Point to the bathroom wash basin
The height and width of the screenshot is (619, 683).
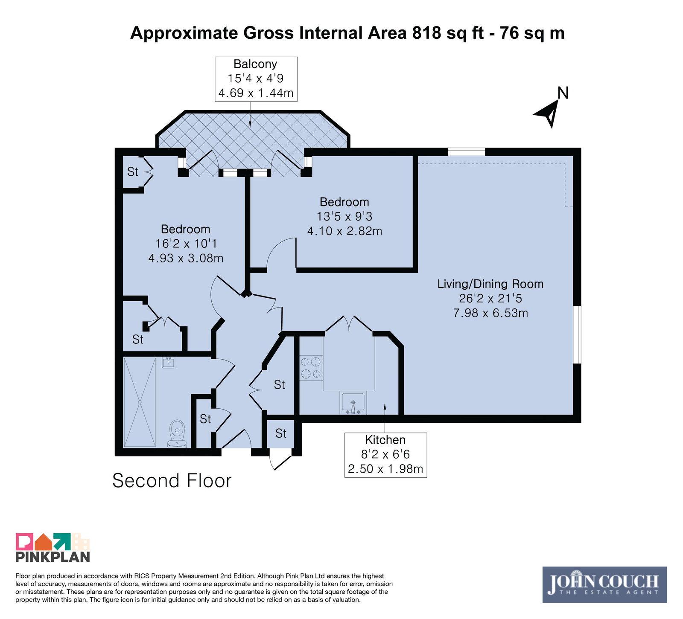[x=169, y=363]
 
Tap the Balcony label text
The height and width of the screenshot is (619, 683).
[x=255, y=64]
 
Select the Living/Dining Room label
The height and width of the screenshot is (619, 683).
[x=490, y=284]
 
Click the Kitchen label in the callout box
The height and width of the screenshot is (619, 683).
[x=385, y=440]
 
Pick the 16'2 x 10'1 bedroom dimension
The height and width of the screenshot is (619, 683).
[x=186, y=244]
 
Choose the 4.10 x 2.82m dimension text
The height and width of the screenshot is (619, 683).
[x=344, y=231]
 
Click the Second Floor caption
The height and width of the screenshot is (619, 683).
[x=172, y=480]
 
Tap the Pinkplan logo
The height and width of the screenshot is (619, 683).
[x=53, y=547]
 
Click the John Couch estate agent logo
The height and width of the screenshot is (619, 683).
[x=604, y=584]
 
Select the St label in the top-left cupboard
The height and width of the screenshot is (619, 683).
[x=133, y=171]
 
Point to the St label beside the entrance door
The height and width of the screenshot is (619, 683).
[x=281, y=433]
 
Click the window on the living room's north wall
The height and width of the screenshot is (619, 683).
[x=467, y=151]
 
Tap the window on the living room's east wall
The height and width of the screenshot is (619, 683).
[x=577, y=334]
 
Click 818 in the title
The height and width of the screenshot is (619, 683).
[x=426, y=33]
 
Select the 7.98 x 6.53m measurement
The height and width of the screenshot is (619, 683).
[x=490, y=313]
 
